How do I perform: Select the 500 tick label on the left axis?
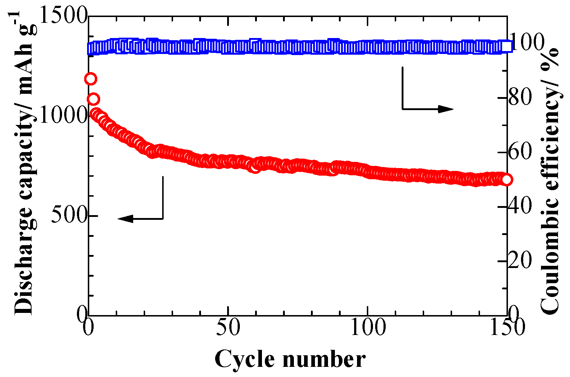point(69,216)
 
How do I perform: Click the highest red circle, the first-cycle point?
point(90,79)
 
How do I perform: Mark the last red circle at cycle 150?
point(507,179)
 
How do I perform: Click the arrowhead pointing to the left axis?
point(126,218)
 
